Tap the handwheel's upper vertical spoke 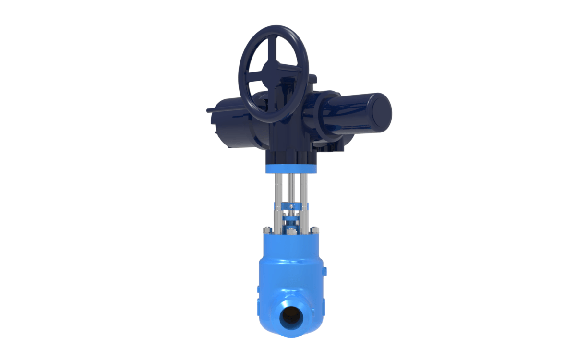(273, 48)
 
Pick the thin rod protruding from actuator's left (210, 111)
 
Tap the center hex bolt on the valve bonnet (291, 234)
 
